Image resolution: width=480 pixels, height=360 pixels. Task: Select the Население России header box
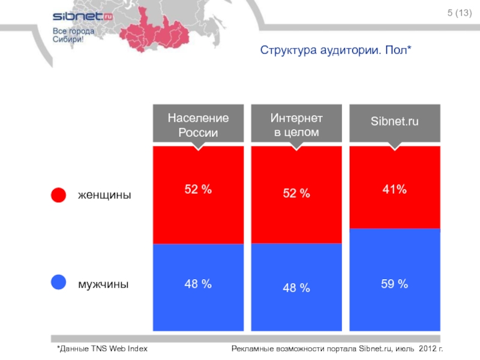[x=198, y=125]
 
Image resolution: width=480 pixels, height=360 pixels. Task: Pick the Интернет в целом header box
[x=296, y=125]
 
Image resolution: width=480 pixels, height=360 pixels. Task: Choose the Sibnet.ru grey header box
[x=394, y=123]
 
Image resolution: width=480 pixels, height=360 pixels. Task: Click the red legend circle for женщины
[x=58, y=196]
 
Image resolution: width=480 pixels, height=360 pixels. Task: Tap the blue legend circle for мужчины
[x=58, y=282]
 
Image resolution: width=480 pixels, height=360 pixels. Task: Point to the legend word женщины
[x=104, y=196]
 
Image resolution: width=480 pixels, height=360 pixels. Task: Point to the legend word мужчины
[x=103, y=284]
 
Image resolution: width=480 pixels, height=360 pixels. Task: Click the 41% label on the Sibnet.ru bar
[x=394, y=190]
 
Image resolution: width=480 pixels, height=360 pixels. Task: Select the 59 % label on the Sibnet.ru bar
[x=394, y=284]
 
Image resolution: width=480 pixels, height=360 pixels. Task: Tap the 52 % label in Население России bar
[x=198, y=190]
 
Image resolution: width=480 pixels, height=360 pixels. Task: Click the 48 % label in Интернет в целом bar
[x=296, y=288]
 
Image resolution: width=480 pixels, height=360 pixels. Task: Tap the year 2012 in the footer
[x=428, y=349]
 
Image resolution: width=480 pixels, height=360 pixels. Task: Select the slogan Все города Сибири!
[x=74, y=35]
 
